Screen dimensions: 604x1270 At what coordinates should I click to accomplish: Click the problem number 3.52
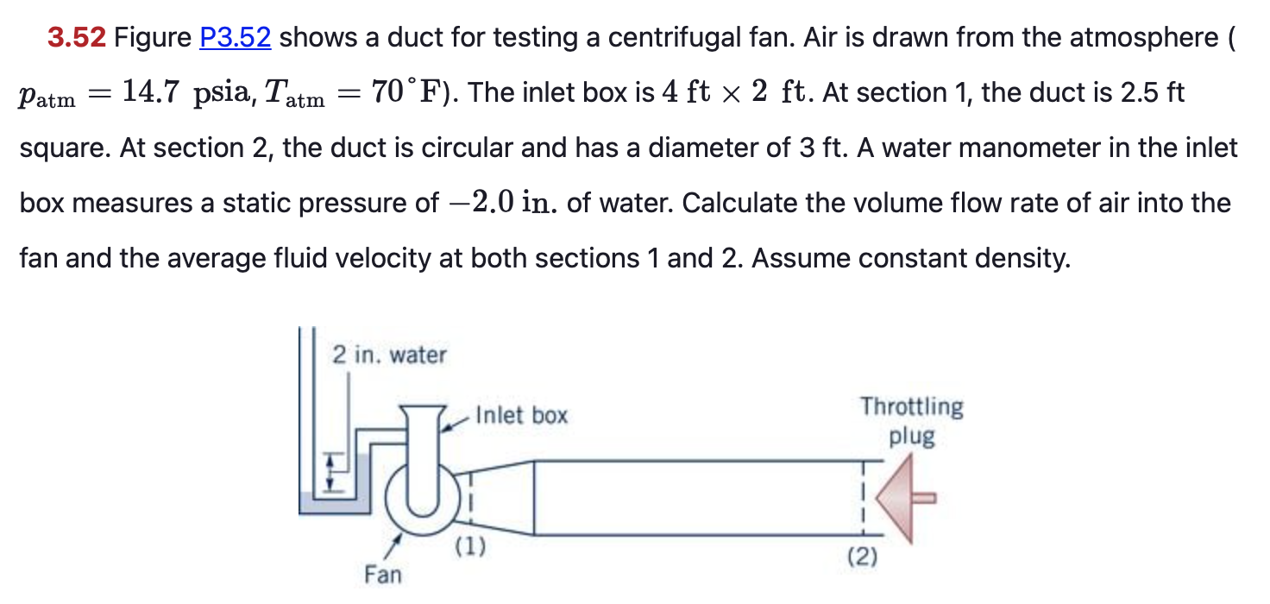point(77,38)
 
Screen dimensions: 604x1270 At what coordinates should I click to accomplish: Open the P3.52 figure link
point(235,38)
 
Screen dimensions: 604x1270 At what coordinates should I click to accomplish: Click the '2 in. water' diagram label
point(390,355)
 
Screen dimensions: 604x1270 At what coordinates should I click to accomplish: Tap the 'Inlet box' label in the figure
point(521,416)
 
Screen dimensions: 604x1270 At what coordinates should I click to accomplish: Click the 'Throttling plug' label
point(911,421)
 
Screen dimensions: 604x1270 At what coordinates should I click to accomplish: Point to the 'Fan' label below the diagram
point(382,574)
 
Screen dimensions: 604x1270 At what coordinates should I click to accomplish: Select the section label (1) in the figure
point(469,546)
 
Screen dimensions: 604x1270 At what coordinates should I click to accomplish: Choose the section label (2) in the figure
point(862,557)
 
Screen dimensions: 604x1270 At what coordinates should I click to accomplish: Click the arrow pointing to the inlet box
point(455,421)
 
